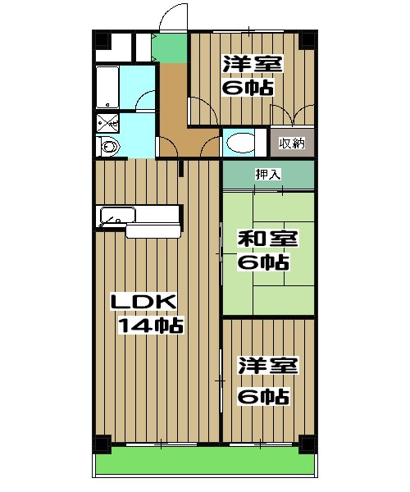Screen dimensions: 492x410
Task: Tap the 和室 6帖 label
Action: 262,250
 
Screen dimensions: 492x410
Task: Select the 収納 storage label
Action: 291,143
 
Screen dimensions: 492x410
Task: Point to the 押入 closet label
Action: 267,174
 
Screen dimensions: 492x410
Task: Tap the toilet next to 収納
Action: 243,143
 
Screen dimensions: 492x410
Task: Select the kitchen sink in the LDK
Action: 115,218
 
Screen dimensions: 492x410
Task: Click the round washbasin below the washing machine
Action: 109,147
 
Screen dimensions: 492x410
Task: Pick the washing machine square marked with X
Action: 107,123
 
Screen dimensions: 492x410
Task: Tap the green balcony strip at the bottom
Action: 205,465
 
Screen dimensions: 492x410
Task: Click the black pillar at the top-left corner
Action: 101,39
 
